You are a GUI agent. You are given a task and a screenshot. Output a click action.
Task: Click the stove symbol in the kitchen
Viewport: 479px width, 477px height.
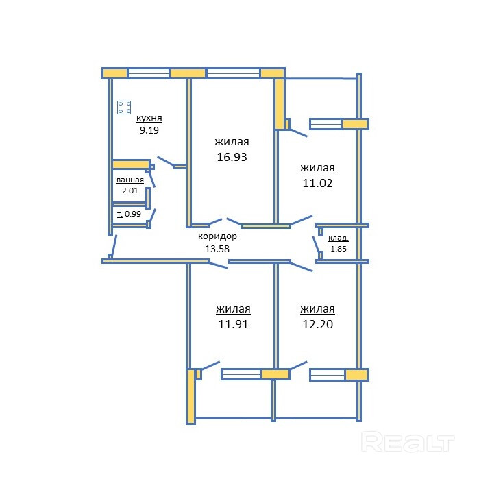124,108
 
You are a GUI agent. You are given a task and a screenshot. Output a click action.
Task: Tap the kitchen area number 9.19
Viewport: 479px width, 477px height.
149,130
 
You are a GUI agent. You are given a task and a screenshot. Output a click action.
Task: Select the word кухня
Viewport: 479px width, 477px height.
149,119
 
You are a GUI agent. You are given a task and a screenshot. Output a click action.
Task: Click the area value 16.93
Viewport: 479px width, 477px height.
232,157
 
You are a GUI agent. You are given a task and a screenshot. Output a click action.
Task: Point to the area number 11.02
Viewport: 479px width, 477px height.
317,183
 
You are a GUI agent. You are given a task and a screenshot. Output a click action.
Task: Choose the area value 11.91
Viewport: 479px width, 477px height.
233,324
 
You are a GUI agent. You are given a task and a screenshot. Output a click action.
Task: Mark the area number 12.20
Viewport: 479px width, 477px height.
317,324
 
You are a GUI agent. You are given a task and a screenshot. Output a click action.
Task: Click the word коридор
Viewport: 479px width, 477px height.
217,237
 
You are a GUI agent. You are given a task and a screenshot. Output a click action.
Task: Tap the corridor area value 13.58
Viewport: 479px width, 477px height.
217,249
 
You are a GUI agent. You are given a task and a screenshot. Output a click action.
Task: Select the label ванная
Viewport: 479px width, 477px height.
130,180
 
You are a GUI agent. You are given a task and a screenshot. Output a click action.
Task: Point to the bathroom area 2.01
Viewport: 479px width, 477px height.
130,191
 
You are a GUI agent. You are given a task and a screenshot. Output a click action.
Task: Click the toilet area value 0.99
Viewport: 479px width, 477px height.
133,214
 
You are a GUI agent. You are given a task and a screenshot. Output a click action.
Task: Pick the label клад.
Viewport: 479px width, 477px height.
339,238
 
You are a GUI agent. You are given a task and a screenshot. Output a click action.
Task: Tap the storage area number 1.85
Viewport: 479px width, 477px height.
339,249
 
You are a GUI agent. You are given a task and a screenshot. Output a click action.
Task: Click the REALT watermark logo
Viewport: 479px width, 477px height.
408,442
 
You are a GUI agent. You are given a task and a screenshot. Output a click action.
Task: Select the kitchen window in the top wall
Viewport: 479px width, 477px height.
149,73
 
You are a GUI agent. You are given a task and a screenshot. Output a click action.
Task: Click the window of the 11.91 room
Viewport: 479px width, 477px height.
241,374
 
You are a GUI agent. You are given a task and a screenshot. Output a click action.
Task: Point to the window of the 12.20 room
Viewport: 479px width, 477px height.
328,375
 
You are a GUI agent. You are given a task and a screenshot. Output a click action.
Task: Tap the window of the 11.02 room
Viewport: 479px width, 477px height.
326,124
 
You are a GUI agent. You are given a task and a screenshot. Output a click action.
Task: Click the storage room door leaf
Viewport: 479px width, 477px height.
316,245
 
